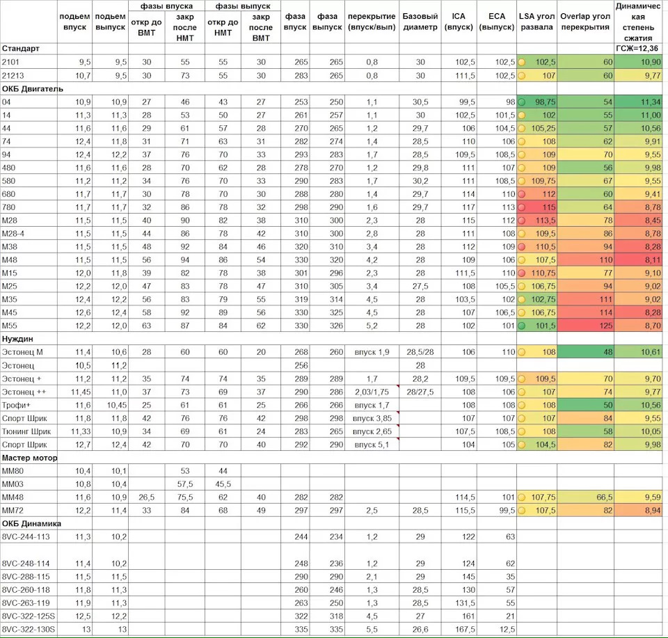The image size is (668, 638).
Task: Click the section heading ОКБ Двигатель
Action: click(33, 88)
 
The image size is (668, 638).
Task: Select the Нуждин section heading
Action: click(19, 338)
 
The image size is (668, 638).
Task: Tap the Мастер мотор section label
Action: click(30, 458)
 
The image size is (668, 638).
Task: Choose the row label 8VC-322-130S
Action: click(29, 630)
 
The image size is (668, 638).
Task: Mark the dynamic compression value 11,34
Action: click(639, 102)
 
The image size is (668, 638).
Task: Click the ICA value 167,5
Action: click(463, 630)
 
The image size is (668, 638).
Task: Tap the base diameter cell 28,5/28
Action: click(420, 352)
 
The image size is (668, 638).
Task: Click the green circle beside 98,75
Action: click(522, 102)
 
